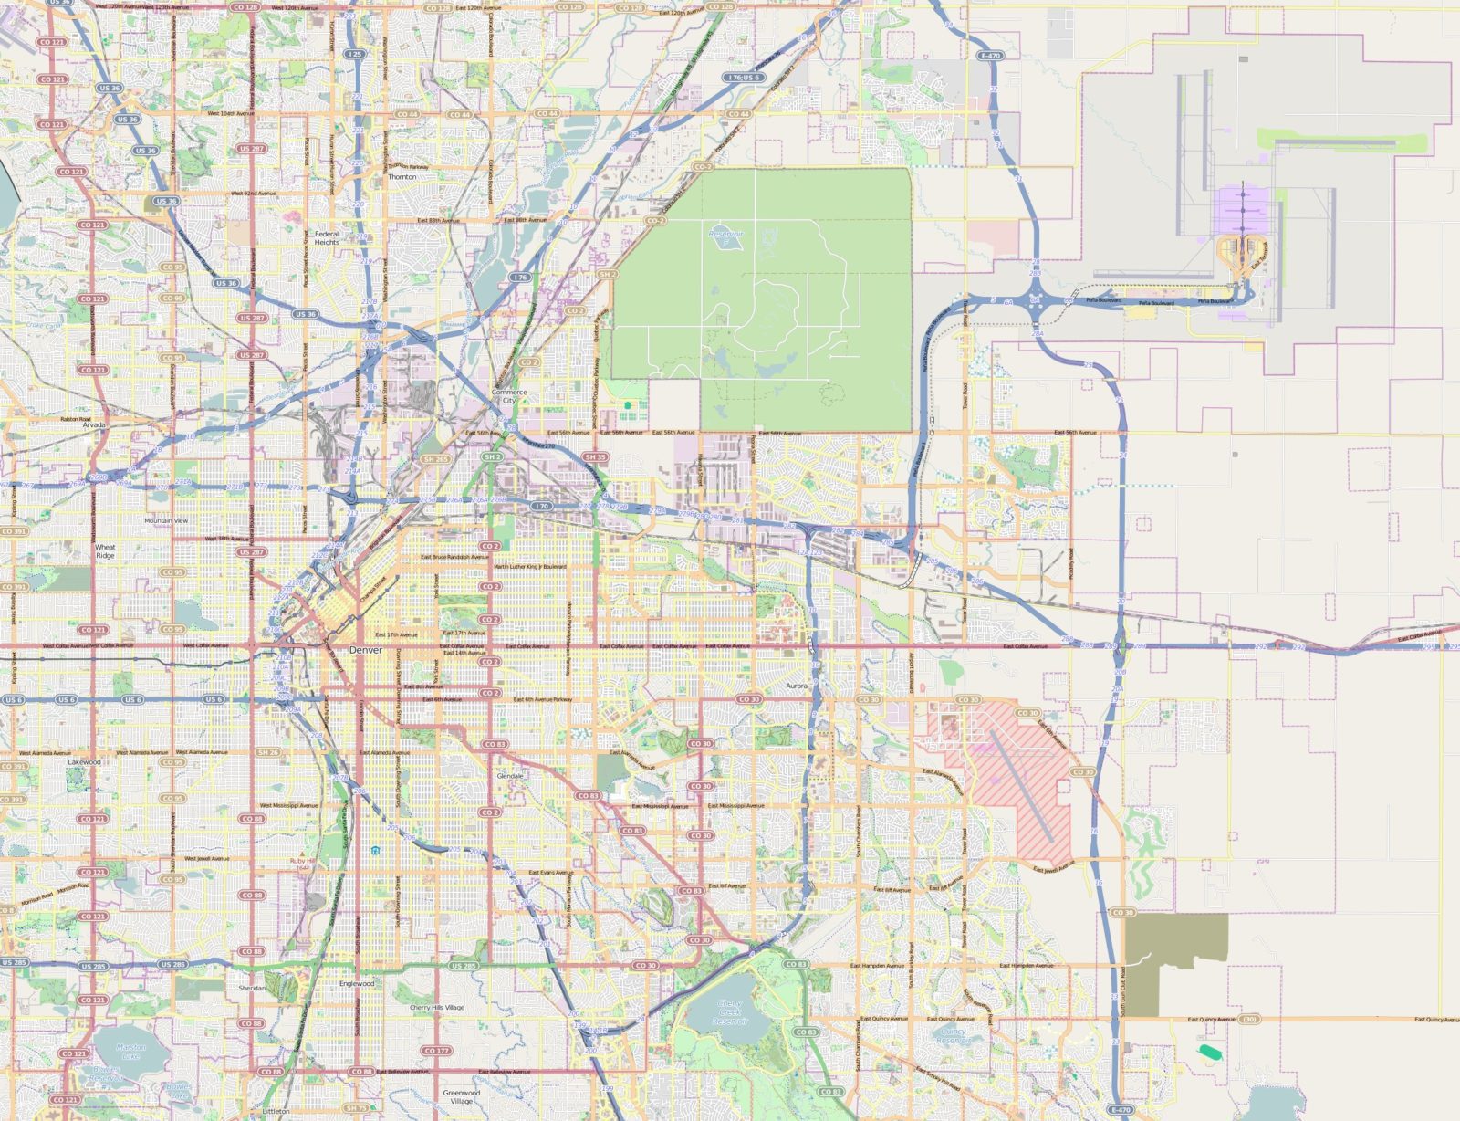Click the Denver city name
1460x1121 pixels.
pyautogui.click(x=365, y=650)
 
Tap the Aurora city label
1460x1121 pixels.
pyautogui.click(x=797, y=686)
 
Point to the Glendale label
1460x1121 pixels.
pyautogui.click(x=510, y=776)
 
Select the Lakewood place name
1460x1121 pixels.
pyautogui.click(x=84, y=761)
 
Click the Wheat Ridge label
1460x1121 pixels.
pyautogui.click(x=105, y=551)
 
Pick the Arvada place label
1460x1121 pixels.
pyautogui.click(x=94, y=425)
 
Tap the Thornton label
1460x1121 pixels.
pyautogui.click(x=401, y=177)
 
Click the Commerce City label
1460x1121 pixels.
pyautogui.click(x=509, y=396)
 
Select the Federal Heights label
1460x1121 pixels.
pyautogui.click(x=327, y=238)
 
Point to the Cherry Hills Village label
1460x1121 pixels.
pyautogui.click(x=436, y=1008)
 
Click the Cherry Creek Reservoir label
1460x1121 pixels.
pyautogui.click(x=730, y=1011)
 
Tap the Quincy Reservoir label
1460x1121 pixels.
pyautogui.click(x=953, y=1035)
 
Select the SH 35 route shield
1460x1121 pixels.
pyautogui.click(x=595, y=457)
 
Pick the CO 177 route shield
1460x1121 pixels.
pyautogui.click(x=436, y=1051)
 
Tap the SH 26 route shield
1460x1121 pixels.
pyautogui.click(x=267, y=752)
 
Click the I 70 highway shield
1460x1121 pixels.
pyautogui.click(x=542, y=505)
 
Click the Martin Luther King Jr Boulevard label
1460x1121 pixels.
pyautogui.click(x=530, y=566)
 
